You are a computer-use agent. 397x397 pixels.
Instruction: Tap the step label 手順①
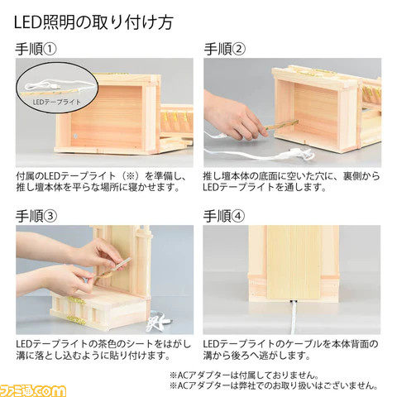pos(36,49)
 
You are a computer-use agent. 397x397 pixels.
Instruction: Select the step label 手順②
pos(225,49)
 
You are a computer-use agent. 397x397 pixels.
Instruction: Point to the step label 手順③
pos(36,217)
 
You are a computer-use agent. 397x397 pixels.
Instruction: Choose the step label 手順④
pos(225,217)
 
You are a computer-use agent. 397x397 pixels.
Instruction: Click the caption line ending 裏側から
pos(293,176)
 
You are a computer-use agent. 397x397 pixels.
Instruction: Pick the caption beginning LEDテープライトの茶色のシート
pos(103,343)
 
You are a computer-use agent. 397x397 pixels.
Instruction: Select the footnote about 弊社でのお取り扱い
pos(274,385)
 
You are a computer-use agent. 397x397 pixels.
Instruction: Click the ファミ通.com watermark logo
pos(35,386)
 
